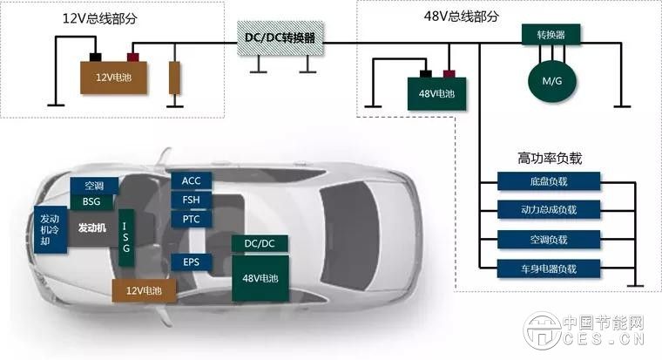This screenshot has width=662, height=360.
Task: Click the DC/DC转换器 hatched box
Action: [x=280, y=38]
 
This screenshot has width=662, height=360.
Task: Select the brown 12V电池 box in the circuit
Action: [x=114, y=78]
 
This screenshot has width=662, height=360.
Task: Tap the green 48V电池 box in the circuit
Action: [x=436, y=93]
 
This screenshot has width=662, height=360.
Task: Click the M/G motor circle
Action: [x=551, y=81]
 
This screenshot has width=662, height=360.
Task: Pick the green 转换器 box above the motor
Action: [x=551, y=35]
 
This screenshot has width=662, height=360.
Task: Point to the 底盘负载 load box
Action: [x=549, y=181]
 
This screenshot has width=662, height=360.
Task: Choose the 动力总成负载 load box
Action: [x=549, y=209]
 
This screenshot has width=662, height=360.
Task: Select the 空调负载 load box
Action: [x=549, y=240]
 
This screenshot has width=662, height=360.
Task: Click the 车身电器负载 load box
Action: [x=549, y=268]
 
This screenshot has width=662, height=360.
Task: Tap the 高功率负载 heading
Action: [x=550, y=158]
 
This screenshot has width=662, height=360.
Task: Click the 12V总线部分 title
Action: [x=100, y=18]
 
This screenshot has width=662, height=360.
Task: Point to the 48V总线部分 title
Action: [x=462, y=17]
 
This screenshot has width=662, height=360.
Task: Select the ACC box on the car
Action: [x=192, y=180]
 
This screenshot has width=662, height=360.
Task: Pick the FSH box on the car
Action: [x=192, y=200]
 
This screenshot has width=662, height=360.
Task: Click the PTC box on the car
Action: [x=192, y=220]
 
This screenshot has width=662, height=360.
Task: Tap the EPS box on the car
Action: [x=192, y=262]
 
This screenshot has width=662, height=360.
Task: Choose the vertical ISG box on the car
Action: [x=125, y=237]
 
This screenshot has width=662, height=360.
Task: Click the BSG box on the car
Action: [x=91, y=201]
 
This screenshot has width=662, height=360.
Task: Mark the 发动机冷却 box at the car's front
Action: [x=51, y=229]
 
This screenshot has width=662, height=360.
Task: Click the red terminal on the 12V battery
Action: [x=133, y=57]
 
